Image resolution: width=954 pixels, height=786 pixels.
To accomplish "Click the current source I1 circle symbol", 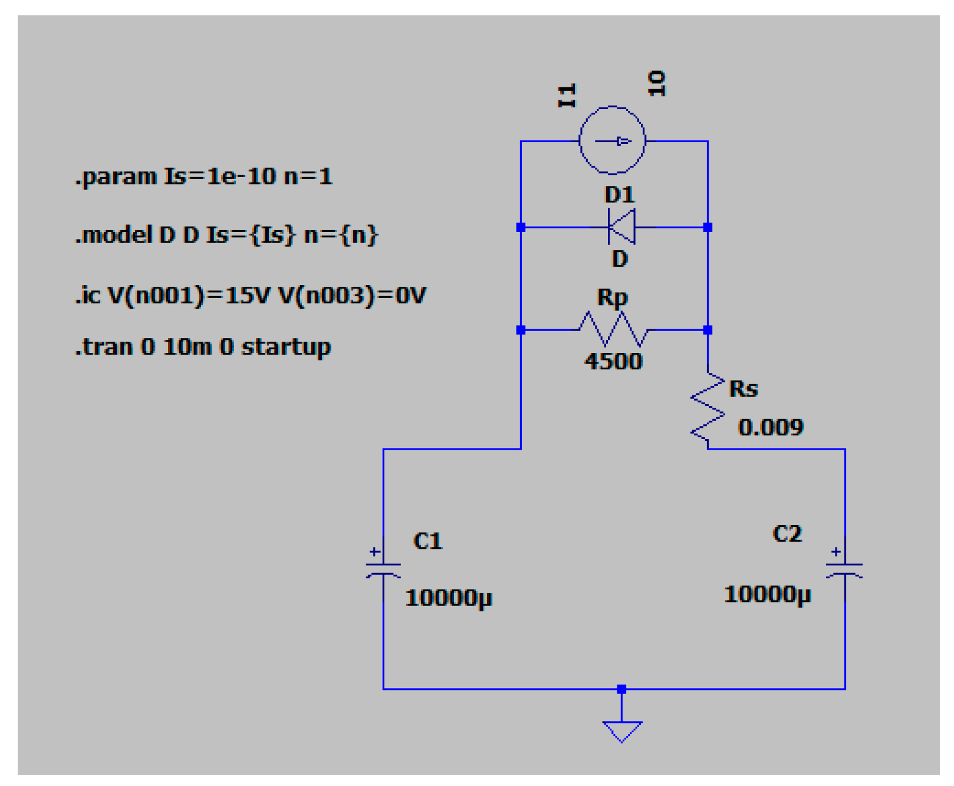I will [x=612, y=140].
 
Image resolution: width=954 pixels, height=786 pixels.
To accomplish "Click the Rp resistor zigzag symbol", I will [x=613, y=329].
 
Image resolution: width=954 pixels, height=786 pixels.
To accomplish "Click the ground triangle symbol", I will [x=621, y=731].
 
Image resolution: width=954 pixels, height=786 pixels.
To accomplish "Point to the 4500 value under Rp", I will [x=613, y=361].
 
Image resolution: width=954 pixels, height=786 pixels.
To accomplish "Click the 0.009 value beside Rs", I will [x=771, y=427].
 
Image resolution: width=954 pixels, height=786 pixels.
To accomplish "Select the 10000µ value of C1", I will [x=448, y=598].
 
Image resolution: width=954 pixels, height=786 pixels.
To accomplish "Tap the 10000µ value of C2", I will [x=767, y=594].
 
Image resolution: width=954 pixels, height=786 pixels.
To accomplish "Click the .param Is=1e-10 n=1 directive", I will [x=203, y=176].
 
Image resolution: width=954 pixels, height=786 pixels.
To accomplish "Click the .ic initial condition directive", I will [x=250, y=295].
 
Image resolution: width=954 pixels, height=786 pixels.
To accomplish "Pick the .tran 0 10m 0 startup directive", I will [x=203, y=347].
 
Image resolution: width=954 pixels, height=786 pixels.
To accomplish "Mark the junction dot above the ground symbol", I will [x=621, y=689].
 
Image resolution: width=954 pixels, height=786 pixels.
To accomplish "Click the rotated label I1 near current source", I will [x=567, y=96].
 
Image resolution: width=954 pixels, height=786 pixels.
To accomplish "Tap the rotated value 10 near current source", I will [x=656, y=83].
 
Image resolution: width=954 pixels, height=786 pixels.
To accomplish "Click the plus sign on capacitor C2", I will [x=835, y=552].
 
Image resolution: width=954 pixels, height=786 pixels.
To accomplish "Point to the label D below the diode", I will [x=620, y=258].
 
